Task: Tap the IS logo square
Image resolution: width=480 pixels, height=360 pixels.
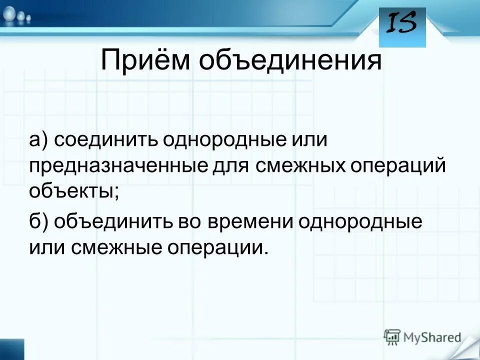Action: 402,27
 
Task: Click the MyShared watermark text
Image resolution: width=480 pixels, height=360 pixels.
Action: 432,337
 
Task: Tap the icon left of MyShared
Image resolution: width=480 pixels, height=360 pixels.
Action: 392,336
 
